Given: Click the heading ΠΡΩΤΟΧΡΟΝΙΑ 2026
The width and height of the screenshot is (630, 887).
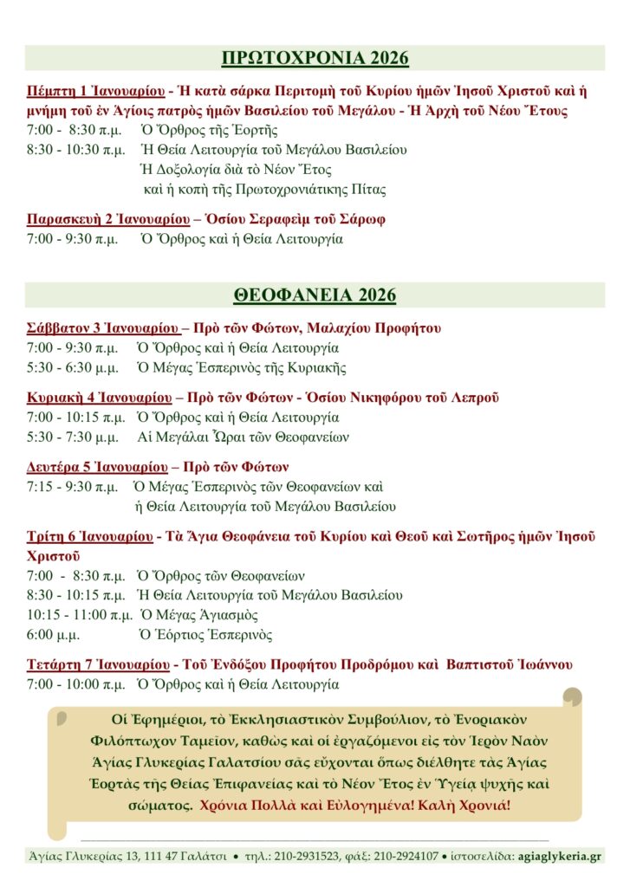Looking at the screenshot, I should tap(315, 59).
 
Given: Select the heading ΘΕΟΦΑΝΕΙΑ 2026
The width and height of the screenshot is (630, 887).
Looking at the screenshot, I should tap(315, 295).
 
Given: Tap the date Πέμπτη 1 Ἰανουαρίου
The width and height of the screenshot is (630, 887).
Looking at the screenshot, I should tap(96, 90).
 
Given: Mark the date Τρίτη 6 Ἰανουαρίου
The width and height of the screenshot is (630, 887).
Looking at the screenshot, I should tap(89, 537).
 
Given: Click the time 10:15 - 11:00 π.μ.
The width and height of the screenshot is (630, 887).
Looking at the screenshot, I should tap(80, 615).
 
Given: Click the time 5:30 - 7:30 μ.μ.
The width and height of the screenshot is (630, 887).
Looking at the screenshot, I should tap(73, 437).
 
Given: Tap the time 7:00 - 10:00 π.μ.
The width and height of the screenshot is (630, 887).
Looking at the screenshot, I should tap(76, 684).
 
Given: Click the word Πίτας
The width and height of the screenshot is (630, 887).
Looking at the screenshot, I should tap(367, 190).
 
